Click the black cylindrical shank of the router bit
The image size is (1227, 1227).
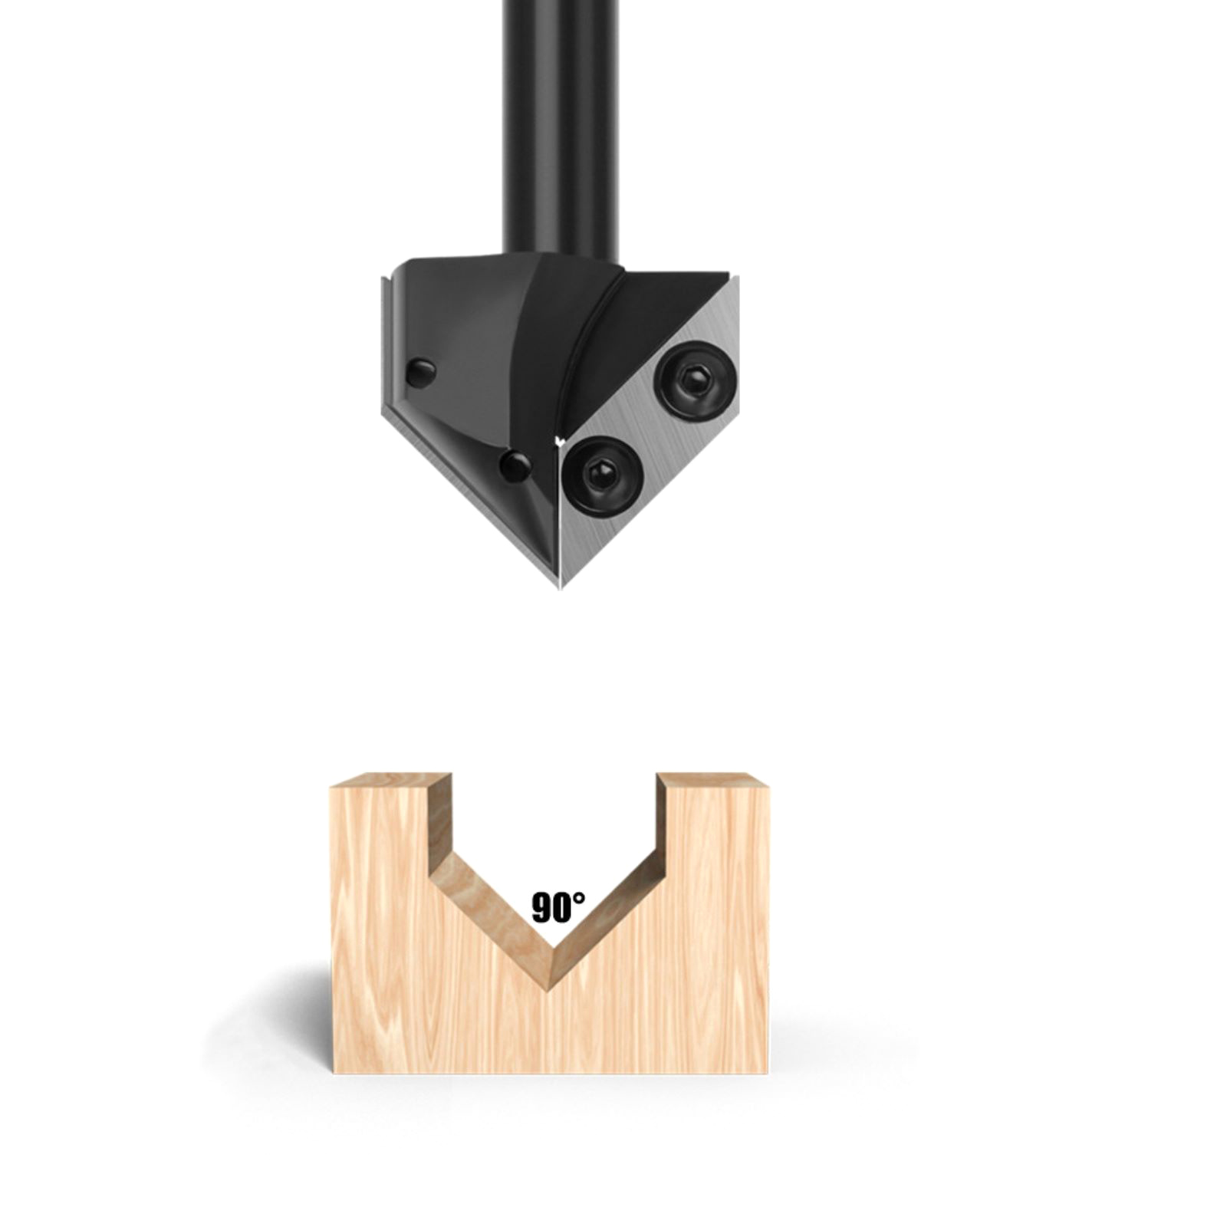pyautogui.click(x=561, y=127)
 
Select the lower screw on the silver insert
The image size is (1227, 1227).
pyautogui.click(x=602, y=475)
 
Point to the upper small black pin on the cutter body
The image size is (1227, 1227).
pyautogui.click(x=420, y=373)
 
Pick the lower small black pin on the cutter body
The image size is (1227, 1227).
pyautogui.click(x=515, y=465)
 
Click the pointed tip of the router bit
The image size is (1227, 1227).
pyautogui.click(x=561, y=587)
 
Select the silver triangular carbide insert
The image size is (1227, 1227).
pyautogui.click(x=650, y=429)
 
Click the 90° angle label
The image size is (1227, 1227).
pyautogui.click(x=558, y=907)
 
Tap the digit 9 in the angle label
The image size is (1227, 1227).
pyautogui.click(x=541, y=909)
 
